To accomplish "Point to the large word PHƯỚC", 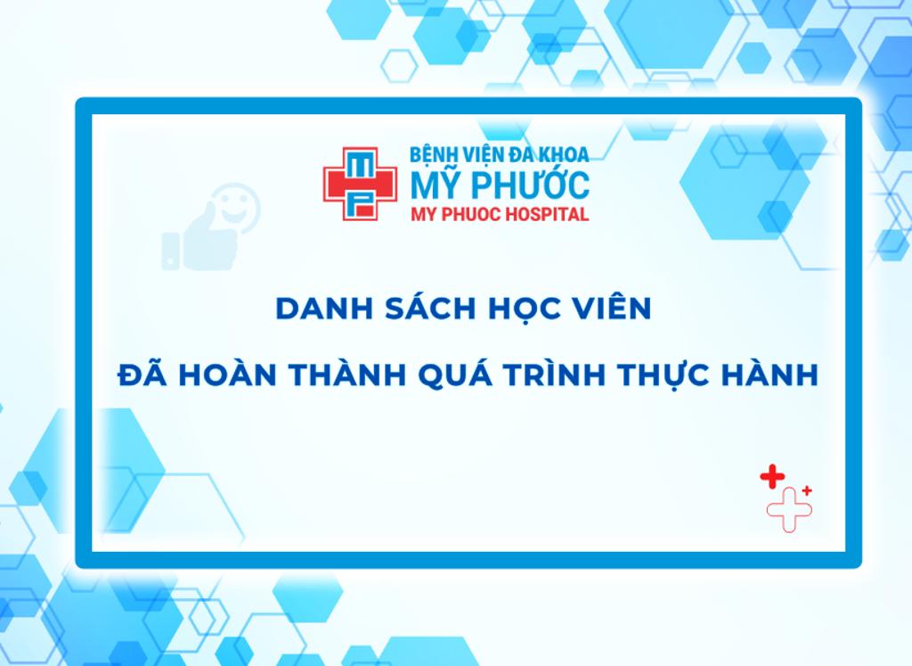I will (x=533, y=185).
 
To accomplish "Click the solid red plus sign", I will (x=771, y=477).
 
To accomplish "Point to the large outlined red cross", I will (x=788, y=509).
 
